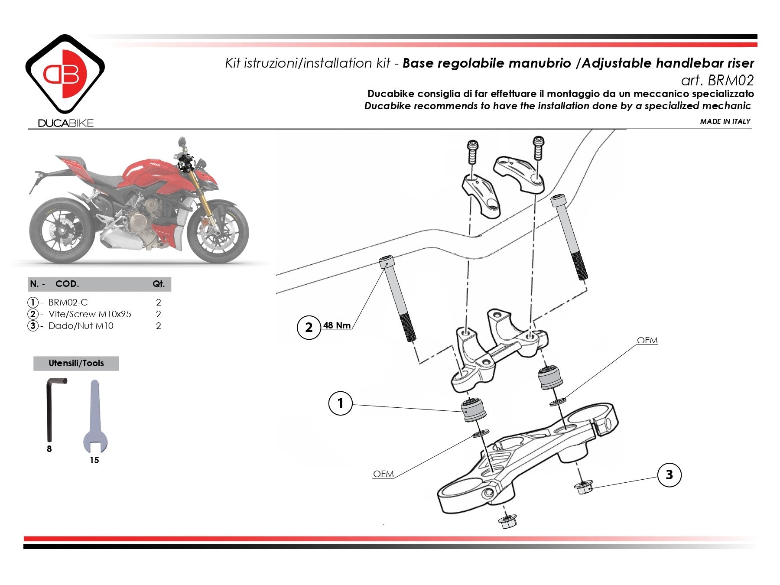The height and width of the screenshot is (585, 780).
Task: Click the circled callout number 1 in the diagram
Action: pos(340,403)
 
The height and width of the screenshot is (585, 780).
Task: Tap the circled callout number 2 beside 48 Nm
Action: pos(309,327)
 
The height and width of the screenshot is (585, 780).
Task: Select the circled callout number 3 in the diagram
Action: pos(669,474)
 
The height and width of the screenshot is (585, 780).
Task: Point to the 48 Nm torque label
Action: pos(337,325)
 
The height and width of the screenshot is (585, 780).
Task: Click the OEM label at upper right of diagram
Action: pos(647,341)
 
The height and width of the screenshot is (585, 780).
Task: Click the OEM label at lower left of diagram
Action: pos(383,474)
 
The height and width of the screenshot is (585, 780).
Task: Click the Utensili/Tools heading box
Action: pos(76,363)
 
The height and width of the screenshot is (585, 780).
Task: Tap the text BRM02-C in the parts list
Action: pos(68,302)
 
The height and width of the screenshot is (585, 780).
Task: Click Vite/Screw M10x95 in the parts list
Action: pos(90,314)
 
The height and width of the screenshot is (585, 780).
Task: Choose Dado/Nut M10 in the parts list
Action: pos(81,326)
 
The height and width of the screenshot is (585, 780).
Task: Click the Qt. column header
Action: pos(159,284)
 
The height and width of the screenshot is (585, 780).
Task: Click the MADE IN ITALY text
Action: pos(725,121)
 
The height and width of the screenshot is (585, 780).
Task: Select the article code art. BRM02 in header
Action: pos(717,80)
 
